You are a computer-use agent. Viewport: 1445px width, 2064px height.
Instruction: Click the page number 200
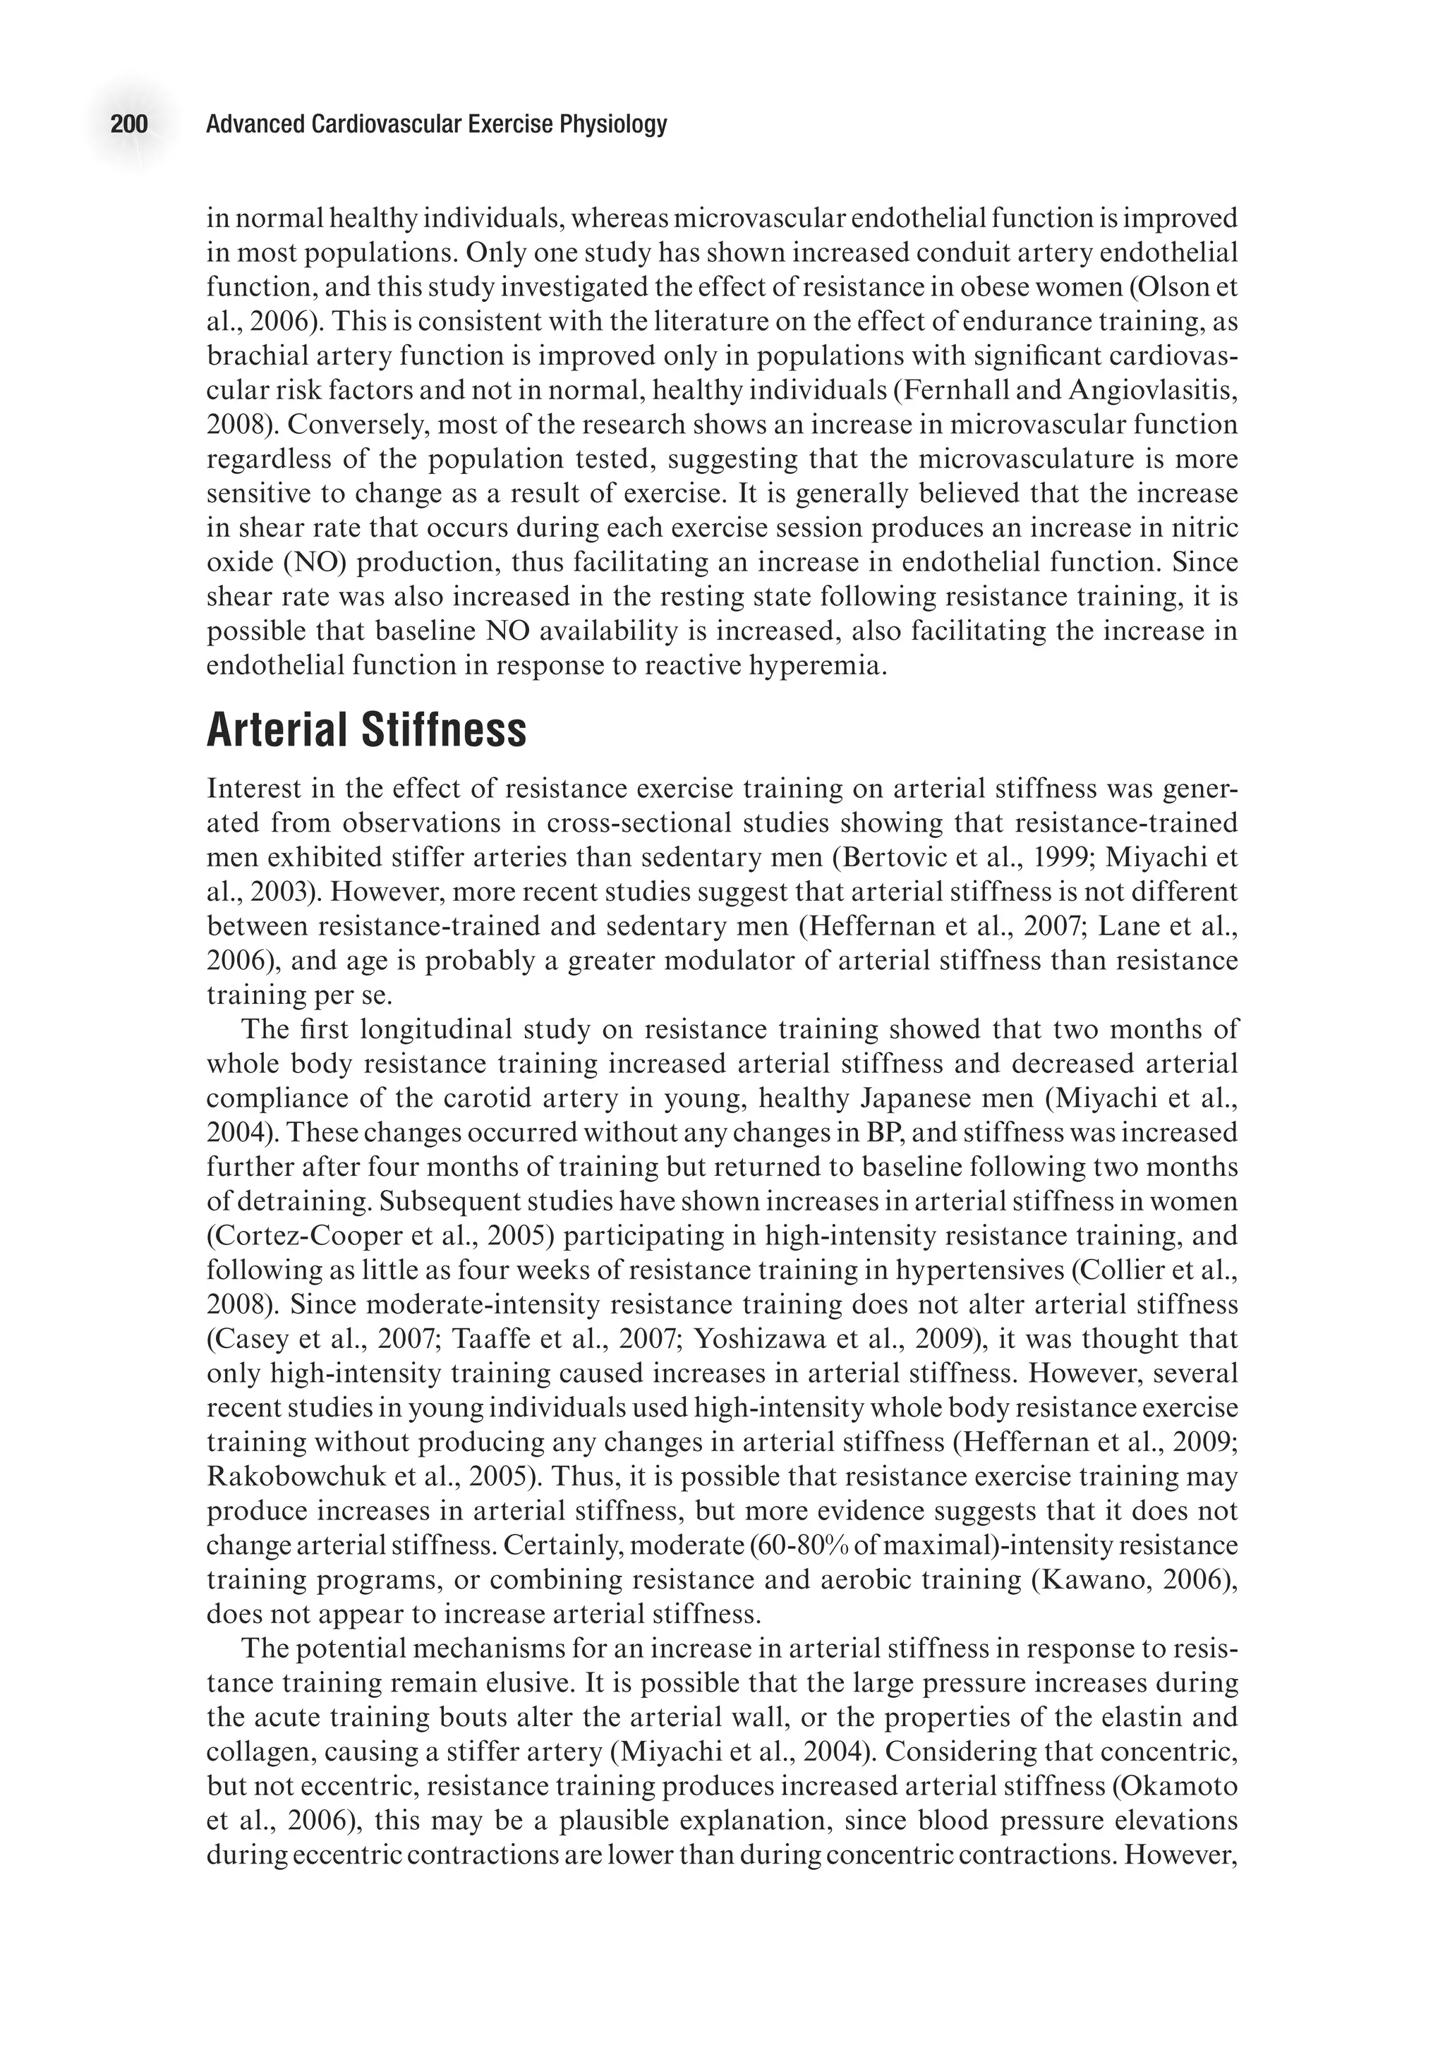click(128, 124)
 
